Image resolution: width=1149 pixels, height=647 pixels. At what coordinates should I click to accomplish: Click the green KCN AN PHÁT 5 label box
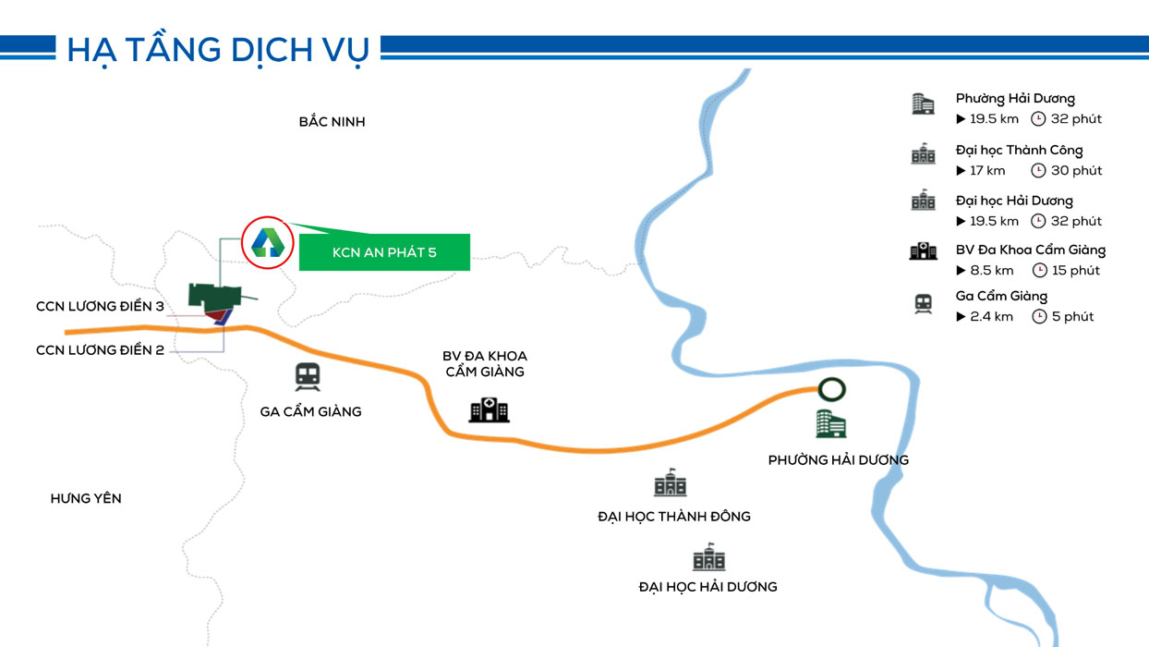384,252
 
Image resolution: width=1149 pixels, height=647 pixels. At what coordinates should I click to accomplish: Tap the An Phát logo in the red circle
267,242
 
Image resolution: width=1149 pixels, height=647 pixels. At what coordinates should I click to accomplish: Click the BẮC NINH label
332,122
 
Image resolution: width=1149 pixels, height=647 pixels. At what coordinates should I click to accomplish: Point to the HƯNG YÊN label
86,498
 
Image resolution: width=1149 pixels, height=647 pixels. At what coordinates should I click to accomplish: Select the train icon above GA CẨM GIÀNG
308,377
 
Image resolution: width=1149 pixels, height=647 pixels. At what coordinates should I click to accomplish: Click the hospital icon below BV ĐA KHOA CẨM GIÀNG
489,409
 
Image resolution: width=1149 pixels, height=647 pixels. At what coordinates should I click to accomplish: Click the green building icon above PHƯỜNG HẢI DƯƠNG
831,423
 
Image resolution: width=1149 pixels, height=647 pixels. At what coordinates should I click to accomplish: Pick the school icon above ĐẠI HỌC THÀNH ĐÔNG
670,482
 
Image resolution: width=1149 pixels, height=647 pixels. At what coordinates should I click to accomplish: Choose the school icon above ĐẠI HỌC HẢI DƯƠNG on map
709,556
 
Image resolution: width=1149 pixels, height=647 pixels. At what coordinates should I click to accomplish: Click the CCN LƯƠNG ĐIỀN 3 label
100,307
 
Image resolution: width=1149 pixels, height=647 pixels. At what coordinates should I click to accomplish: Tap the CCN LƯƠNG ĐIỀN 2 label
100,350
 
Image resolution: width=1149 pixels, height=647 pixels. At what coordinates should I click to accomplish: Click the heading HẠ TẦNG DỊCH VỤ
218,50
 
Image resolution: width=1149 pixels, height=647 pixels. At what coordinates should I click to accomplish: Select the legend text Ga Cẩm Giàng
1001,297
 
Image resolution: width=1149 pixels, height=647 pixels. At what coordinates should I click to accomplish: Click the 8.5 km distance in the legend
992,270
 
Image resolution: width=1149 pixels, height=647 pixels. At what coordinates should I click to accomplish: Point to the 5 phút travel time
1072,316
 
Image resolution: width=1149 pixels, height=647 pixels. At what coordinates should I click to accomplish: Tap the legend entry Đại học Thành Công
1019,151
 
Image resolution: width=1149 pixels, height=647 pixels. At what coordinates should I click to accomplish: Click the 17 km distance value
987,170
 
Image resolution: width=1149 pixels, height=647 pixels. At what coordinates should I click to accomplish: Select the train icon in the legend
924,303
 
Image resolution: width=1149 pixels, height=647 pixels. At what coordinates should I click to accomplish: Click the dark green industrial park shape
214,297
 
